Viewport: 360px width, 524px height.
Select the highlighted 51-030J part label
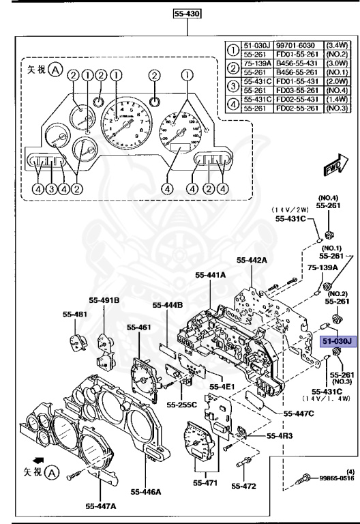click(x=335, y=340)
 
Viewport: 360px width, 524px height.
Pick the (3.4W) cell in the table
click(x=337, y=44)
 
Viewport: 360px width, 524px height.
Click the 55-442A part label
click(x=252, y=260)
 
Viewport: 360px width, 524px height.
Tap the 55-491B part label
click(x=104, y=300)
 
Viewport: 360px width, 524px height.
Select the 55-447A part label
click(x=101, y=506)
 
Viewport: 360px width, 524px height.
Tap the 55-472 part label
click(x=242, y=486)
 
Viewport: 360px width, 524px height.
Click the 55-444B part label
click(x=168, y=305)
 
